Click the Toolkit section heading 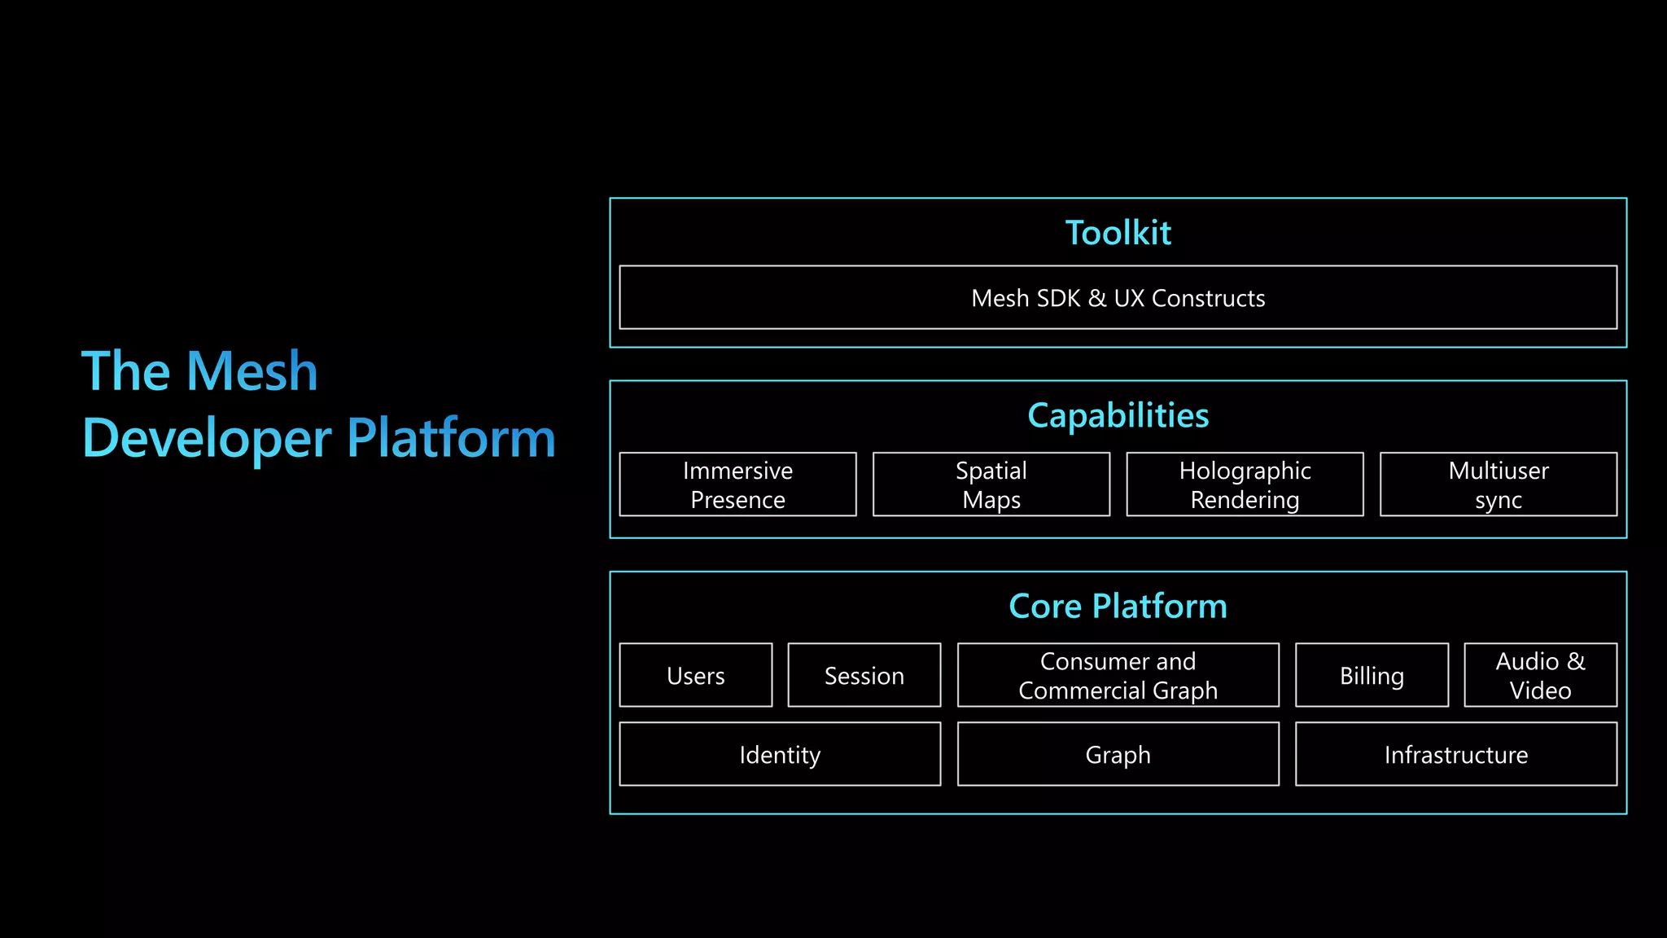(1118, 233)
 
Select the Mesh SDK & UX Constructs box (1118, 298)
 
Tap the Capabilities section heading (1118, 415)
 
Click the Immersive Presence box (737, 484)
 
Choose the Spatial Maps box (991, 484)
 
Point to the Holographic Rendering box (1245, 484)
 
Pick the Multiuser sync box (1498, 484)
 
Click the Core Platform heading (1118, 607)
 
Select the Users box (695, 675)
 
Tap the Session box (864, 675)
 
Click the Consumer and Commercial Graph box (1118, 675)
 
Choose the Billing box (1372, 675)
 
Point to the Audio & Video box (1540, 675)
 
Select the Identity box (780, 754)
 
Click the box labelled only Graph (1118, 754)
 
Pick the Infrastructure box (1455, 754)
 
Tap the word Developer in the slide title (207, 439)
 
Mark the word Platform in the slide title (451, 439)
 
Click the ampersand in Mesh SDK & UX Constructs (1097, 299)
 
